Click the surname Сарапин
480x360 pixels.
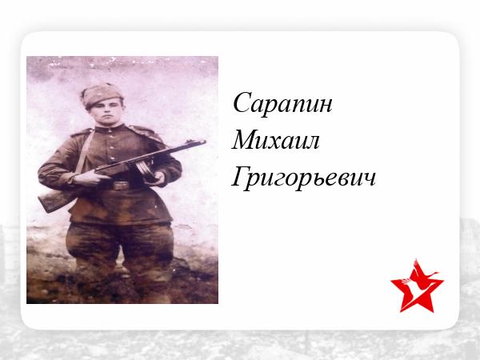pyautogui.click(x=282, y=103)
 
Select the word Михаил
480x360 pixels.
pyautogui.click(x=275, y=141)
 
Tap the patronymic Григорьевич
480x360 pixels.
pyautogui.click(x=303, y=178)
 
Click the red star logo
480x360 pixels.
pyautogui.click(x=417, y=286)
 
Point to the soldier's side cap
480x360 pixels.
pyautogui.click(x=102, y=94)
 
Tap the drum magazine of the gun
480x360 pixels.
pyautogui.click(x=146, y=170)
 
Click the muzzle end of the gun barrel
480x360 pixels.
pyautogui.click(x=205, y=142)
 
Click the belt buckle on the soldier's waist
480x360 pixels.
pyautogui.click(x=121, y=186)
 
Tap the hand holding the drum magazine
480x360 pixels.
pyautogui.click(x=158, y=178)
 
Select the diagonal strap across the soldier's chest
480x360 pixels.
pyautogui.click(x=83, y=152)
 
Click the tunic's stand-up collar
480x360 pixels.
pyautogui.click(x=110, y=128)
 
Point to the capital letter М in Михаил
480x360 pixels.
pyautogui.click(x=244, y=139)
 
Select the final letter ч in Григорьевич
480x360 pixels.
pyautogui.click(x=370, y=180)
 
